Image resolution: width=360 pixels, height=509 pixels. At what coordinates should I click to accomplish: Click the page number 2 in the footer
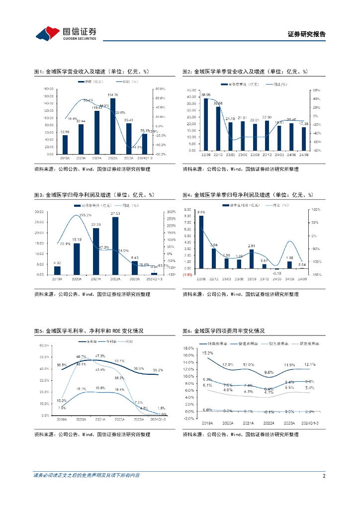(x=324, y=476)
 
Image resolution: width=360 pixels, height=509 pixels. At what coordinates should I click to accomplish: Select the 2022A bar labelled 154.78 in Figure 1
(x=113, y=126)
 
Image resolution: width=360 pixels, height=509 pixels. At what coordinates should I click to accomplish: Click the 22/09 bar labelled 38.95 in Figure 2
(x=205, y=124)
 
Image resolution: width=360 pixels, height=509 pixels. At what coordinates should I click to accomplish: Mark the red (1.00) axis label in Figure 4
(x=186, y=274)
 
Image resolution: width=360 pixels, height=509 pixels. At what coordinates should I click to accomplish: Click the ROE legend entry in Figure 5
(x=129, y=341)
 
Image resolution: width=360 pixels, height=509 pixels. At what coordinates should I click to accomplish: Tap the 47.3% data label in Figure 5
(x=99, y=356)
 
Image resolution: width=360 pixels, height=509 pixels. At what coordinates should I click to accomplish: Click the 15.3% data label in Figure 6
(x=206, y=353)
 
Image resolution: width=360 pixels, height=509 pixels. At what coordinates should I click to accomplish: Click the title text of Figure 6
(x=223, y=331)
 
